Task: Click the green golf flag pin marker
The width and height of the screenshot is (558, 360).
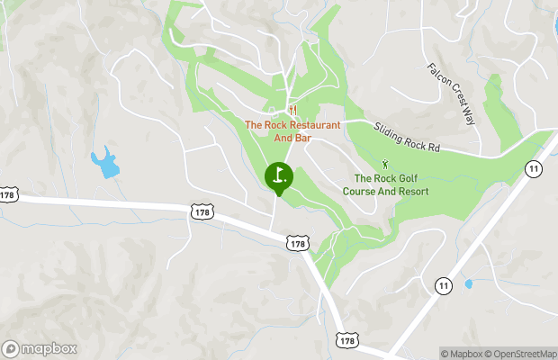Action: [279, 175]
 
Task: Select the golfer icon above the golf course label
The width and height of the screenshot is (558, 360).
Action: [385, 165]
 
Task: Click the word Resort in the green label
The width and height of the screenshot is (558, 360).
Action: [409, 192]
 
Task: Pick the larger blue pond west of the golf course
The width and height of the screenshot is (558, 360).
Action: [105, 163]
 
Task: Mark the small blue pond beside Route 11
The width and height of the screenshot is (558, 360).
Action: [468, 283]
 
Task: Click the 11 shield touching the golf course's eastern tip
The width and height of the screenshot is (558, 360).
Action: [534, 168]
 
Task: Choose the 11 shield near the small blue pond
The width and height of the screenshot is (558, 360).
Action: [442, 285]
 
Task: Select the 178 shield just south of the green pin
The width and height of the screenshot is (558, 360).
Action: [298, 243]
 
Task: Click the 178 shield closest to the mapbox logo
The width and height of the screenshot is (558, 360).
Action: [9, 194]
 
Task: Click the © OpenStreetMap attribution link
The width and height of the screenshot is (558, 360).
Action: [523, 354]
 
